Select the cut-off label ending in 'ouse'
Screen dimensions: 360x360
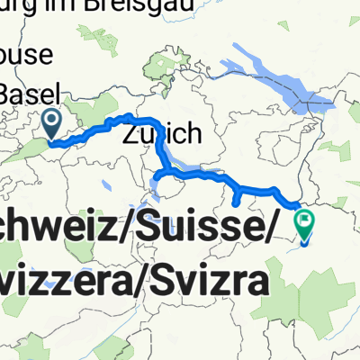28,56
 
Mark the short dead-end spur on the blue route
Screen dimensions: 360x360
236,196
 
